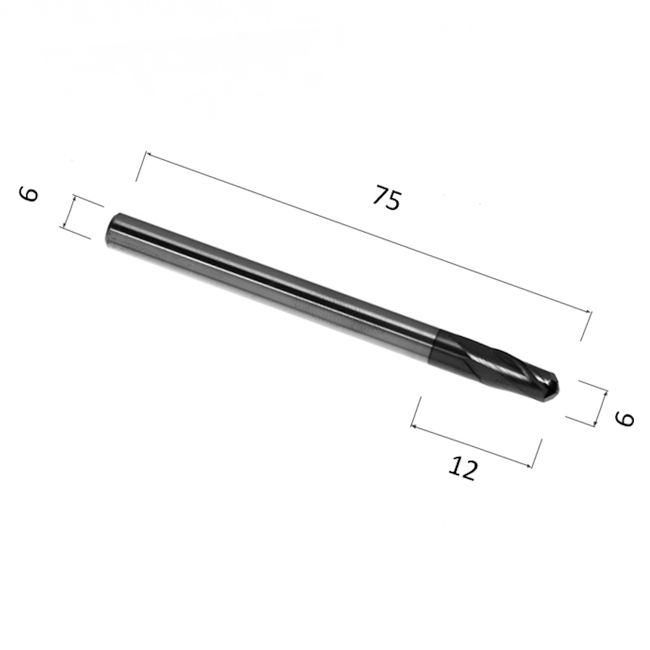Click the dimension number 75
[387, 198]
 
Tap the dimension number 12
[463, 468]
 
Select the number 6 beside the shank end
[29, 194]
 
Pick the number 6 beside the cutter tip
[625, 419]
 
